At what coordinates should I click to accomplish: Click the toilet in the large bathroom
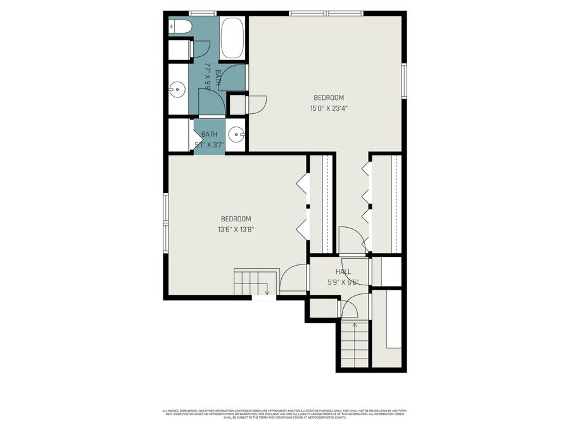click(180, 27)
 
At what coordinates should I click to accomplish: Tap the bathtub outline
click(232, 38)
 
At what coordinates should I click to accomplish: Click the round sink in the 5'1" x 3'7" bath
click(236, 134)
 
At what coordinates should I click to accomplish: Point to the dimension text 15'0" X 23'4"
click(329, 108)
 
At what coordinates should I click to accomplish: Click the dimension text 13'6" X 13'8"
click(236, 230)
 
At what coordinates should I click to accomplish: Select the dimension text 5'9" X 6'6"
click(343, 282)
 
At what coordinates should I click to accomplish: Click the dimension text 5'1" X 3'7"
click(209, 144)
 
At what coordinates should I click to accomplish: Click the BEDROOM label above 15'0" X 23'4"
click(329, 97)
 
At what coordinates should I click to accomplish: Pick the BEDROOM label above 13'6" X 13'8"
click(236, 219)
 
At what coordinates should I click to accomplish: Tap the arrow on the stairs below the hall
click(354, 326)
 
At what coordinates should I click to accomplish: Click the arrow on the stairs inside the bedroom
click(267, 292)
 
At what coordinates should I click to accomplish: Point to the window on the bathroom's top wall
click(203, 13)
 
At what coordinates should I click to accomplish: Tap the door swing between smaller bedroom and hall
click(293, 278)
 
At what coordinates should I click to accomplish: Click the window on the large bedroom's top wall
click(326, 13)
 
